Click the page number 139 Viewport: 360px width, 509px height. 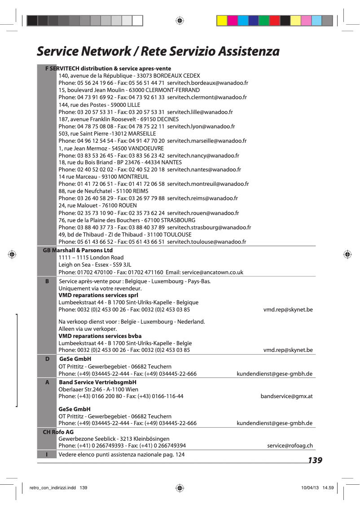(x=315, y=461)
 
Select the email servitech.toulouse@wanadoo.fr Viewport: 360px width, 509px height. (x=206, y=242)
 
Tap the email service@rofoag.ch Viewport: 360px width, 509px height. (x=290, y=446)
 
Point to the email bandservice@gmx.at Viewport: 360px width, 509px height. (x=286, y=396)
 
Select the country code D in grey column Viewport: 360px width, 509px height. (x=47, y=359)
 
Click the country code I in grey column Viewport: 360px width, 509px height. (x=47, y=455)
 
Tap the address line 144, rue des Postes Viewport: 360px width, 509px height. (x=99, y=105)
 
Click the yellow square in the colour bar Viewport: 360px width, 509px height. (x=222, y=21)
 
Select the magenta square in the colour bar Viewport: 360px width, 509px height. (x=233, y=21)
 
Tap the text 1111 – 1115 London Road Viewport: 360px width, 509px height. (x=91, y=258)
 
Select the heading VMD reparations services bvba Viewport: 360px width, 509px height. (x=100, y=336)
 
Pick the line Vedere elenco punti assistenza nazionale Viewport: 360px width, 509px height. (x=122, y=455)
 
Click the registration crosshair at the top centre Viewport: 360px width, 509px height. (x=179, y=21)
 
